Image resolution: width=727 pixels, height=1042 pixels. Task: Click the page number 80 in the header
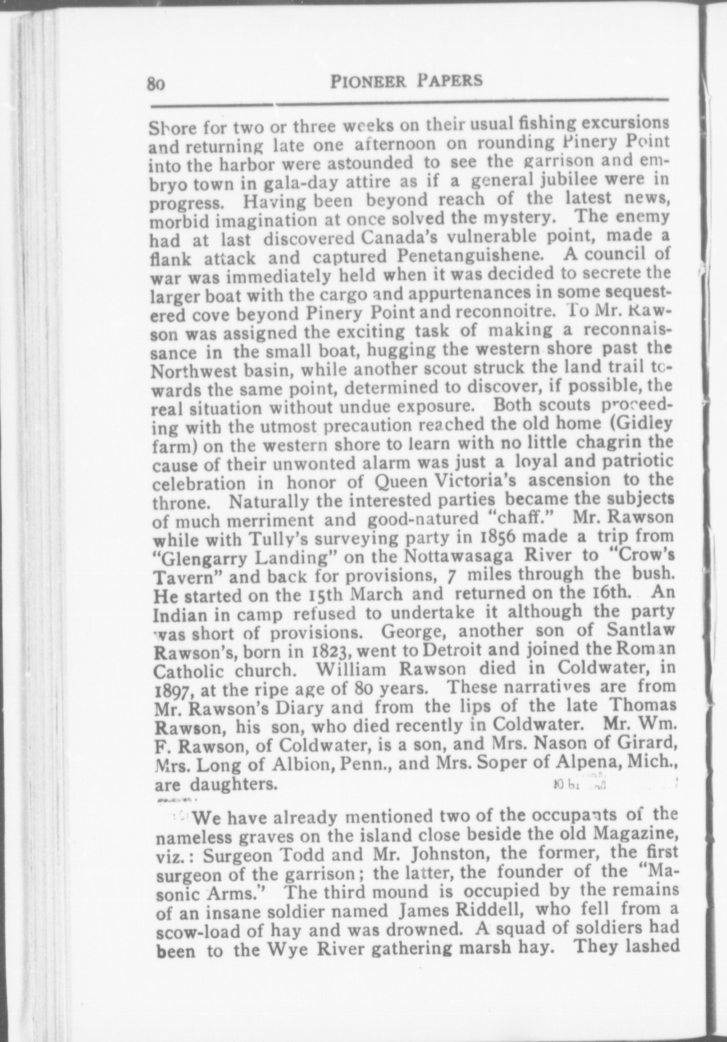(157, 84)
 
